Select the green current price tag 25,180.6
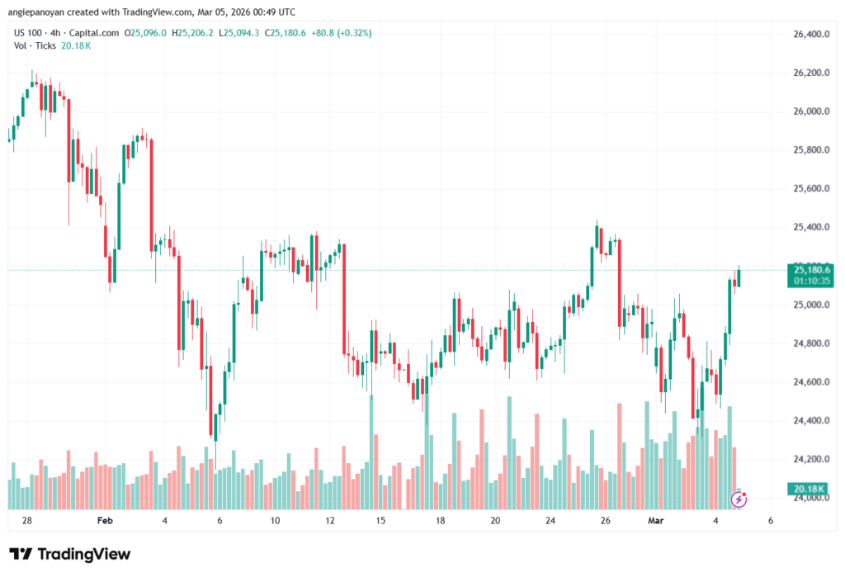812,269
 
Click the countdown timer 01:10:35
812,281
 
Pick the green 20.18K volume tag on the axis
811,488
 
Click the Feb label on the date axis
104,521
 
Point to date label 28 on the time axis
26,521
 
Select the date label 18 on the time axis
441,521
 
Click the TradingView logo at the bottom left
69,554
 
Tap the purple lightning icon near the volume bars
739,499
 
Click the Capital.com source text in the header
94,33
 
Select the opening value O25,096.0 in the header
146,33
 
